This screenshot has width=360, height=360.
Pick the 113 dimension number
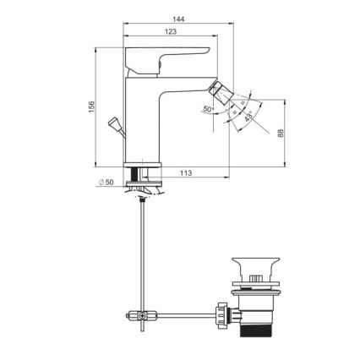pos(187,173)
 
